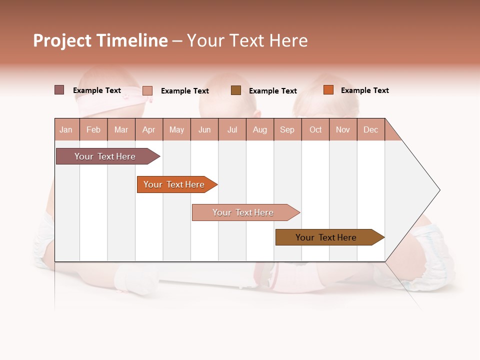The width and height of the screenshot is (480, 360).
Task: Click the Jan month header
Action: coord(66,129)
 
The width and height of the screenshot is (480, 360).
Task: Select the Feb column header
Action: coord(93,129)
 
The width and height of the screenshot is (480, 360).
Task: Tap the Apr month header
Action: coord(148,129)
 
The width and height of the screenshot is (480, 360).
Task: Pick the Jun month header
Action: coord(204,129)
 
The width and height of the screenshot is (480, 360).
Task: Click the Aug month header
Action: coord(259,129)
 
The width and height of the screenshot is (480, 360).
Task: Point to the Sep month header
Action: coord(287,129)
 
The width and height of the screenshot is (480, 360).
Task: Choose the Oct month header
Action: coord(315,129)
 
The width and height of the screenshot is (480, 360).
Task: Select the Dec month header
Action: coord(370,129)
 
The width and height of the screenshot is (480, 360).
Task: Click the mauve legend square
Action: coord(59,90)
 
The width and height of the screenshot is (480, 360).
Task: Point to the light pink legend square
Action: coord(147,90)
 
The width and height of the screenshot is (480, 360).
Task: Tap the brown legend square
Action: coord(236,90)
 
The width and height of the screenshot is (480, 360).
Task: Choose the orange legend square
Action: coord(328,90)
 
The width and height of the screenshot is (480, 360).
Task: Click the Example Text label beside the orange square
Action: coord(364,90)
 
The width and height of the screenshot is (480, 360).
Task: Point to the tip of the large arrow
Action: coord(438,190)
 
